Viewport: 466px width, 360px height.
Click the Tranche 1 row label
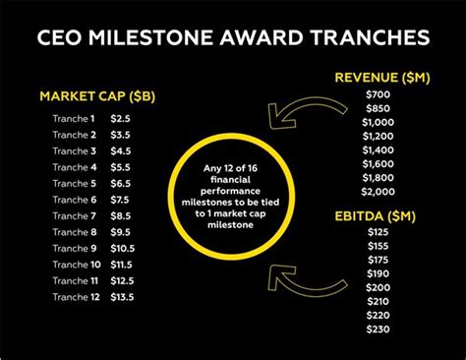click(x=75, y=118)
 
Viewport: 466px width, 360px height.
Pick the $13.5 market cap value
click(x=123, y=297)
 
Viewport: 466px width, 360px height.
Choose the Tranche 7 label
click(x=75, y=215)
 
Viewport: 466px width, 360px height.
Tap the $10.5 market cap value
click(x=123, y=248)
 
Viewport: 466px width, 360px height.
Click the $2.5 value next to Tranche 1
click(x=120, y=118)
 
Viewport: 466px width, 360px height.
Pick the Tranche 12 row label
click(x=76, y=297)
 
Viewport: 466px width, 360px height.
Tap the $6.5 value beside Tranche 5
click(x=120, y=183)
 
